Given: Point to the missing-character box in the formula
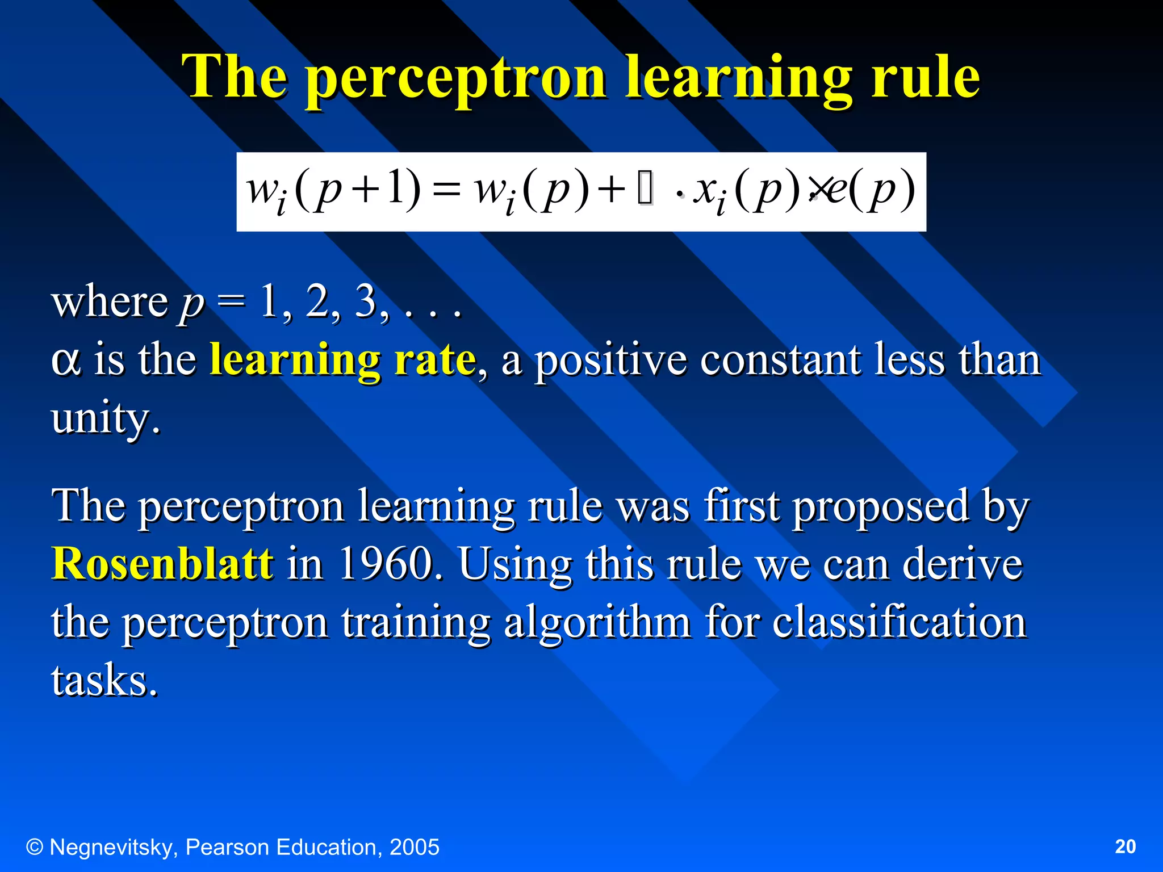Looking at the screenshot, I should click(646, 190).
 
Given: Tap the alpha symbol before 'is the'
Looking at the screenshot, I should click(66, 360).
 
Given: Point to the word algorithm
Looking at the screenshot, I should click(597, 622).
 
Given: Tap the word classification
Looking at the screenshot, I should click(900, 622).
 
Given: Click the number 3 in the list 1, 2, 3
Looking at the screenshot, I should click(366, 301).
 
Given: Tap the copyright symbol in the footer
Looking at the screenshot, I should click(35, 847).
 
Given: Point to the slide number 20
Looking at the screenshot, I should click(1125, 846).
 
